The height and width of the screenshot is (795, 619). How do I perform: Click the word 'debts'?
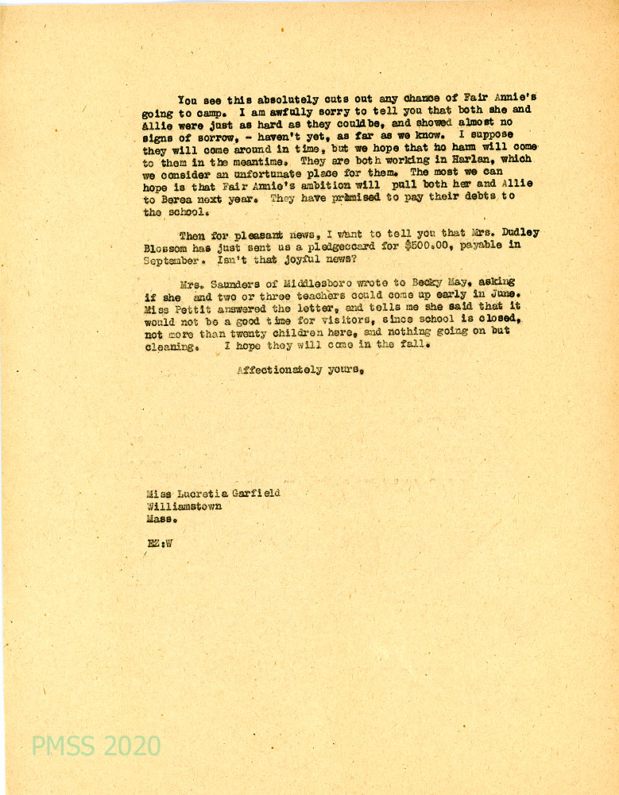pyautogui.click(x=476, y=197)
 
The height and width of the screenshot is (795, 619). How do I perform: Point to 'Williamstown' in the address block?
pyautogui.click(x=184, y=506)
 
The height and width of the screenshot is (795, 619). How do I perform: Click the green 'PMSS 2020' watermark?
pyautogui.click(x=96, y=746)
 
